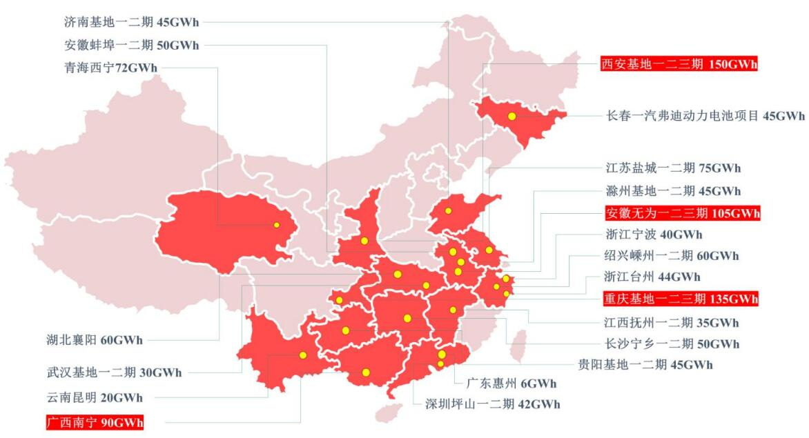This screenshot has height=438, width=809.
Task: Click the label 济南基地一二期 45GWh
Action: (x=130, y=21)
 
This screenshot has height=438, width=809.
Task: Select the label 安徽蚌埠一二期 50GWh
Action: (x=130, y=46)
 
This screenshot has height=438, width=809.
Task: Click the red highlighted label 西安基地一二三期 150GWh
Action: (x=679, y=64)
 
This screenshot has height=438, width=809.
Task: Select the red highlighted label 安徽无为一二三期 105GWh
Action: (x=682, y=212)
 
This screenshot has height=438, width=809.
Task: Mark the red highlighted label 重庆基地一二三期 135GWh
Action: (x=680, y=299)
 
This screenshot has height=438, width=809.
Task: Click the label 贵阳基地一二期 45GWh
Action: (x=645, y=364)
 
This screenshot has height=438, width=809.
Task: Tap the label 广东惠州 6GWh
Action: (x=511, y=384)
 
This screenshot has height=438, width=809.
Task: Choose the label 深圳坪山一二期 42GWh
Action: (x=493, y=404)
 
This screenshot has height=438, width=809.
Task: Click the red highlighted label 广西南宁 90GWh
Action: (x=95, y=421)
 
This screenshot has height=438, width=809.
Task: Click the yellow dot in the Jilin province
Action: (x=512, y=117)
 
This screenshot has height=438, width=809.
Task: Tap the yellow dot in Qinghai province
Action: (x=276, y=225)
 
